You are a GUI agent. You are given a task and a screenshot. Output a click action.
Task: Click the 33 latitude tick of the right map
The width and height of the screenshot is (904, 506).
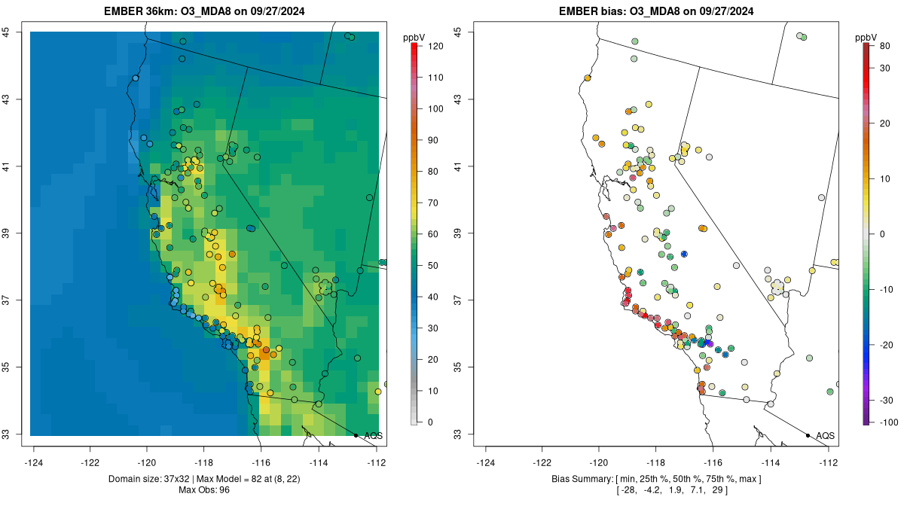click(x=458, y=434)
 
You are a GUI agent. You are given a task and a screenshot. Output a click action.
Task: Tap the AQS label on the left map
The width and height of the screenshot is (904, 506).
click(x=374, y=435)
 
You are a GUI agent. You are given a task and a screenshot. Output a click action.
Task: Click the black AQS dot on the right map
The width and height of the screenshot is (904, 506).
click(x=808, y=435)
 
